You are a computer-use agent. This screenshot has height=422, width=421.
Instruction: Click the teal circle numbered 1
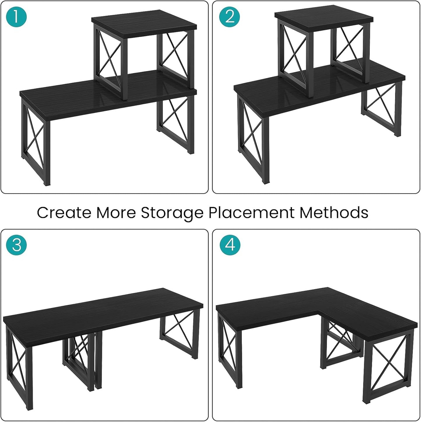click(x=16, y=17)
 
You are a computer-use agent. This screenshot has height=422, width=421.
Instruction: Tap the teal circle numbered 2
click(x=230, y=17)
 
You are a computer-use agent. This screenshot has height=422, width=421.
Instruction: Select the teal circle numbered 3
click(x=16, y=245)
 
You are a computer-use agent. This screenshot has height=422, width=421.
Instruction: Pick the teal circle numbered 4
click(x=230, y=245)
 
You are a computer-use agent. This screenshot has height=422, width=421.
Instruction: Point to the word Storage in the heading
click(x=172, y=213)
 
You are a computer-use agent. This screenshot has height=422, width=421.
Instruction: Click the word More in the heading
click(x=116, y=213)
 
